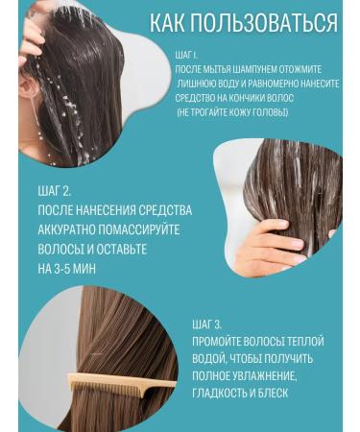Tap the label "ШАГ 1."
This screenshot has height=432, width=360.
click(x=189, y=56)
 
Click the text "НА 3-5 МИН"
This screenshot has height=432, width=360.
click(x=73, y=270)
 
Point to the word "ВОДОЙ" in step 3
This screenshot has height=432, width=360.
click(x=208, y=358)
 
